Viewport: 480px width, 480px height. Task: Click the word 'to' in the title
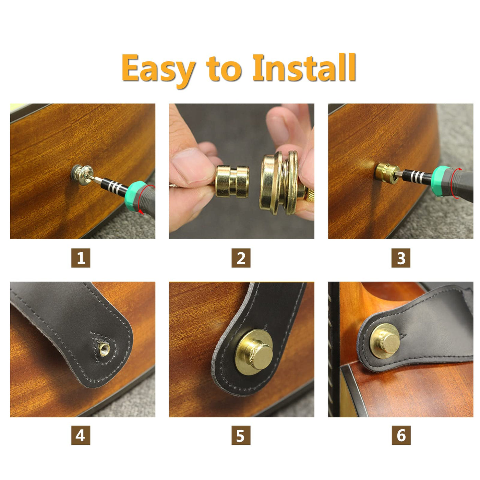tap(224, 69)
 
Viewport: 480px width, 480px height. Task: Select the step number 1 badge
tap(81, 258)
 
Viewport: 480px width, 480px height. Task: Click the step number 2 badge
tap(241, 258)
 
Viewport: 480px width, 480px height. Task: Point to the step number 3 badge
tap(401, 258)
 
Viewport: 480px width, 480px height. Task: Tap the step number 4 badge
tap(81, 435)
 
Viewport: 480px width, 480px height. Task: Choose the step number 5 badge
tap(241, 435)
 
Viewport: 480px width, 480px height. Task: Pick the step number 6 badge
tap(401, 435)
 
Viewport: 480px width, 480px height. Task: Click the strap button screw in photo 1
tap(83, 175)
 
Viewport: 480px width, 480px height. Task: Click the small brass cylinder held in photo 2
tap(232, 182)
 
